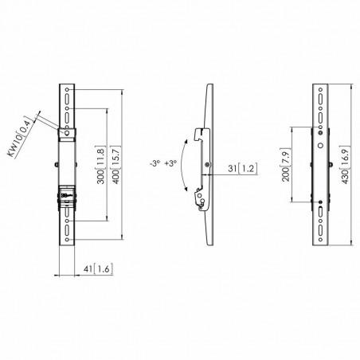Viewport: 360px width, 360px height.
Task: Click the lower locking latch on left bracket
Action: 69,193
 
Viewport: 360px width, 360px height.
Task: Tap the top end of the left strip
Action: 69,82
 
